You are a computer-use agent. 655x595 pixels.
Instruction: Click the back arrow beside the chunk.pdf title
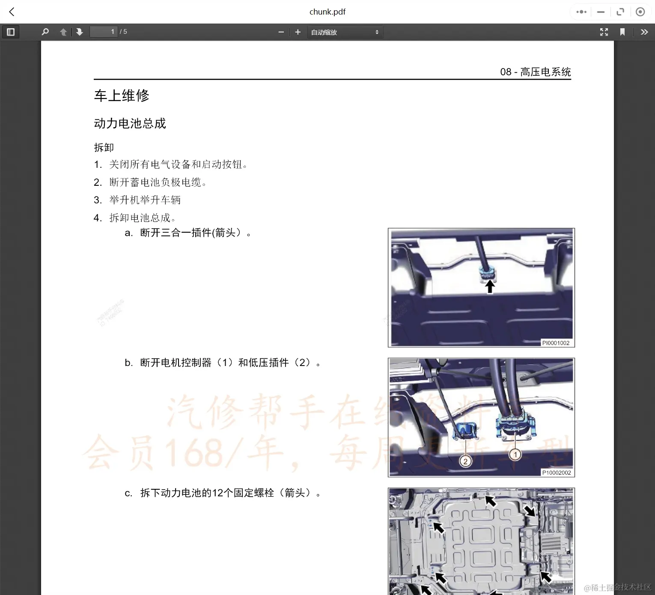coord(12,12)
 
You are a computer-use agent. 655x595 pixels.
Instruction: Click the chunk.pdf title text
coord(327,12)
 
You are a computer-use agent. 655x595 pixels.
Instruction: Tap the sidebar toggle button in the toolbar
coord(11,32)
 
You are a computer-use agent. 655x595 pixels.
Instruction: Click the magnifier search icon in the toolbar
coord(45,32)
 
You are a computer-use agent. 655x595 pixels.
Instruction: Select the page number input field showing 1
coord(104,32)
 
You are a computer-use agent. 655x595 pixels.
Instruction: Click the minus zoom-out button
coord(281,32)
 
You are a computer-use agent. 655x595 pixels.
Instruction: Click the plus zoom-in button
coord(298,32)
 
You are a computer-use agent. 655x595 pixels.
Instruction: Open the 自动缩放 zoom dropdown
coord(345,32)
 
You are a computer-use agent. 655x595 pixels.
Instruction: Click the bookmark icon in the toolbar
coord(622,32)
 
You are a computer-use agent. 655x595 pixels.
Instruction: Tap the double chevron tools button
coord(644,32)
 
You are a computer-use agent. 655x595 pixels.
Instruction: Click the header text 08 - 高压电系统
coord(535,72)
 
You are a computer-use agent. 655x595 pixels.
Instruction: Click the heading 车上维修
coord(122,95)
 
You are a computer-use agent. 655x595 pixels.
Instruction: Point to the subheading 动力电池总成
coord(130,123)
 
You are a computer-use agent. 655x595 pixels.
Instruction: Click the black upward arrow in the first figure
coord(490,286)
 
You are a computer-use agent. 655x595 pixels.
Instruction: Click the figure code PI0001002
coord(556,343)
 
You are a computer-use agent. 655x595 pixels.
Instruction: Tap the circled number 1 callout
coord(515,455)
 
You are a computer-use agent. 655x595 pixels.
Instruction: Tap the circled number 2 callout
coord(465,461)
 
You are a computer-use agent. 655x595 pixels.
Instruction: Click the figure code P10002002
coord(557,473)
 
